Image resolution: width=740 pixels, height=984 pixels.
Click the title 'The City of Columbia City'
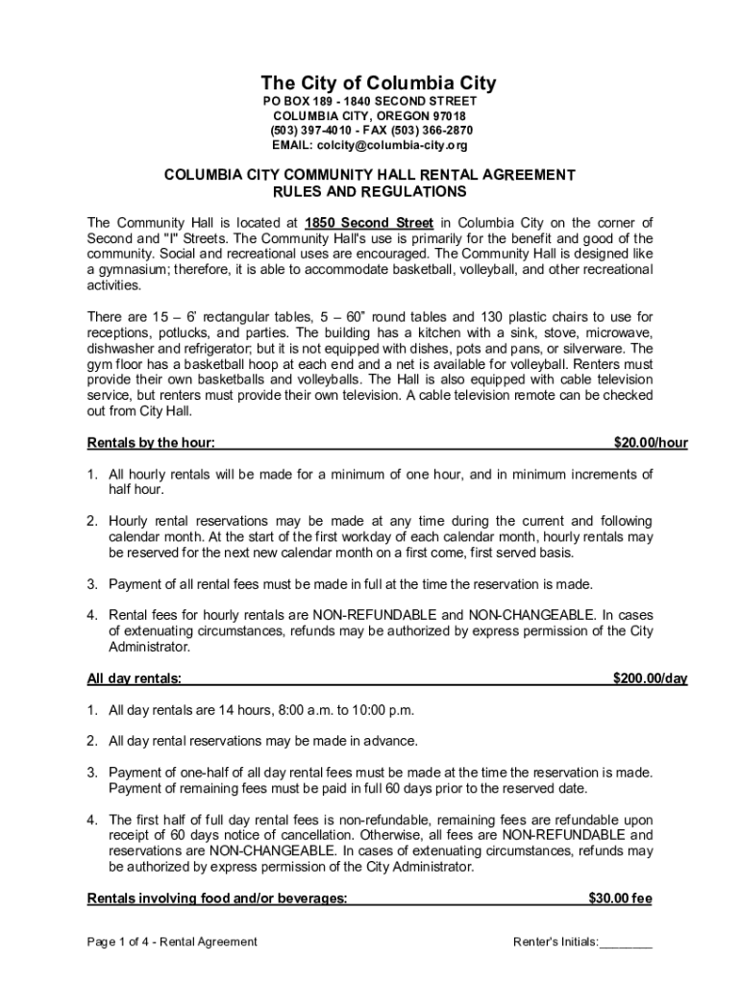click(369, 84)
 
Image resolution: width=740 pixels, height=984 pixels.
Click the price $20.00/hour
click(651, 443)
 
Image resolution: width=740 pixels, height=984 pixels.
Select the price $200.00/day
click(651, 678)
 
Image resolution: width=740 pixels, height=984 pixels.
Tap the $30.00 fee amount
click(620, 898)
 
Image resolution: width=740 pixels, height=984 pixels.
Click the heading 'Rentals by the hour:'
click(151, 443)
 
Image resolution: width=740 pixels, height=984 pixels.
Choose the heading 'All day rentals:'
click(135, 678)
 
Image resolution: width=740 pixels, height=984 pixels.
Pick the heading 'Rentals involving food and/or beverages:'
click(217, 898)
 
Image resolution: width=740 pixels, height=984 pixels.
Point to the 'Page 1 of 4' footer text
click(120, 942)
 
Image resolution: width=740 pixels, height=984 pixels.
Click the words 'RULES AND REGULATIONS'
click(369, 191)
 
